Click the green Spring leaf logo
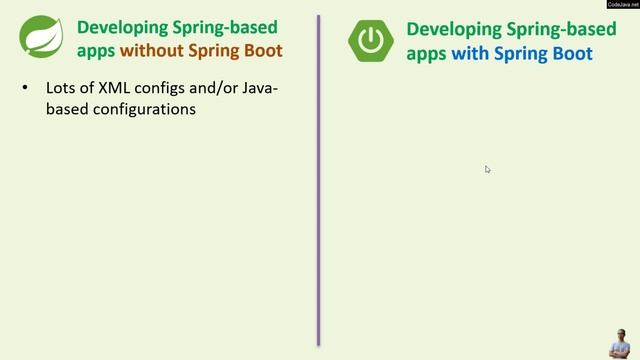(x=39, y=38)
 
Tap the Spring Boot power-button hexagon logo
(x=371, y=39)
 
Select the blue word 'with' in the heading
(x=468, y=53)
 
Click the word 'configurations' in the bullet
(x=145, y=109)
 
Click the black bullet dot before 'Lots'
(x=25, y=90)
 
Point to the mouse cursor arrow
(x=487, y=169)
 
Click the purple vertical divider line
(x=318, y=180)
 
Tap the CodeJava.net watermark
(x=623, y=5)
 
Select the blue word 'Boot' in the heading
(x=573, y=53)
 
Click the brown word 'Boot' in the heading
(x=263, y=51)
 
